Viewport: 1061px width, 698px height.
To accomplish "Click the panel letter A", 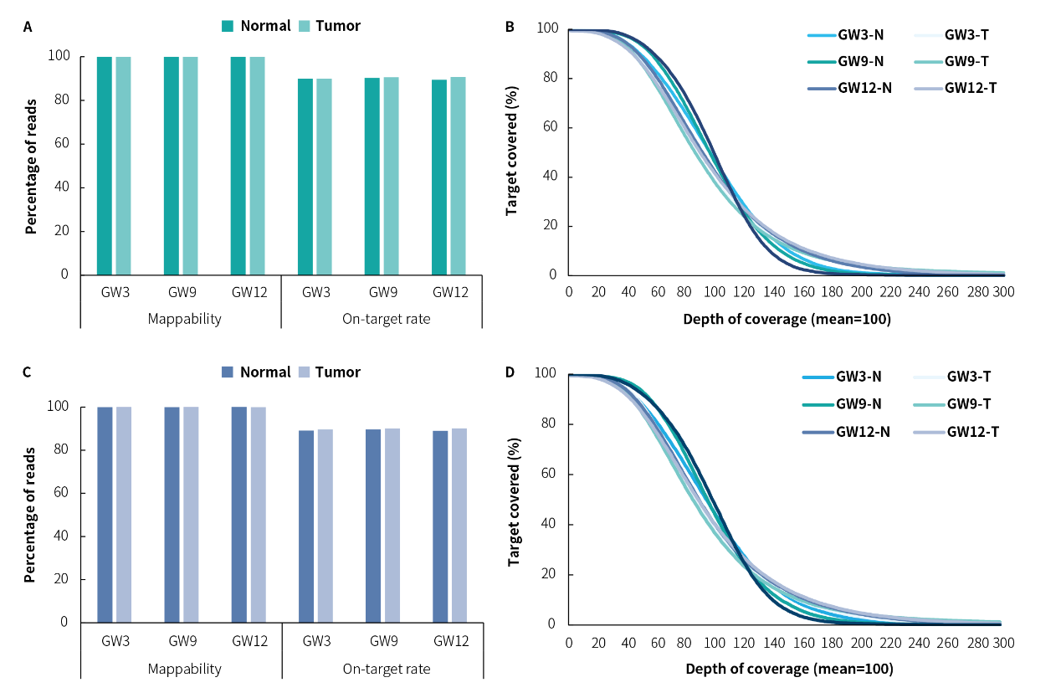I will (x=28, y=27).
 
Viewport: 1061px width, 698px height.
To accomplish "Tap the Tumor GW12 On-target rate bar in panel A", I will (x=458, y=176).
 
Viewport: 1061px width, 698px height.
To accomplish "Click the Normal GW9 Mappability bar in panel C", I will (x=172, y=515).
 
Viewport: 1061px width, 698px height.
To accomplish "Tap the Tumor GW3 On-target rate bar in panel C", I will (x=325, y=526).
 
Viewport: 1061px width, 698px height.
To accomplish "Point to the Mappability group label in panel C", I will (x=184, y=669).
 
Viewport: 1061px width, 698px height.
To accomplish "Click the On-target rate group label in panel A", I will (x=386, y=319).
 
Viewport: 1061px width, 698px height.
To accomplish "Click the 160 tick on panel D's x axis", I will (x=800, y=643).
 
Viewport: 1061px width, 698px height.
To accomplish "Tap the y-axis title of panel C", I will (x=31, y=515).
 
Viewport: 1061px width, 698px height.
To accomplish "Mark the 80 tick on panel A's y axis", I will (x=73, y=100).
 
